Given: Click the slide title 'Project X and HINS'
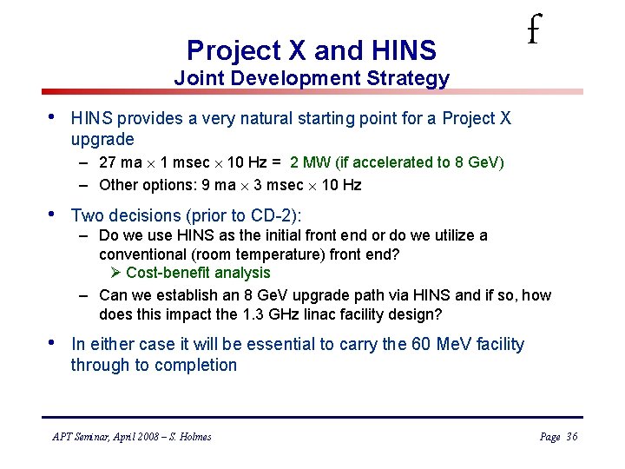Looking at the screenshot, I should click(x=312, y=50).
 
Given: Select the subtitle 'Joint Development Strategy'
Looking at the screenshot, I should click(x=312, y=78).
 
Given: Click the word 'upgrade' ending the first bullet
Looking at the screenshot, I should click(x=102, y=139).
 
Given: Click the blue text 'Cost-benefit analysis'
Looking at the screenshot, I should click(x=198, y=273).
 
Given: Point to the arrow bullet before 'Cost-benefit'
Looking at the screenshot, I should click(x=116, y=273).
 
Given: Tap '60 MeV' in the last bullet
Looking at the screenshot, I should click(x=433, y=345).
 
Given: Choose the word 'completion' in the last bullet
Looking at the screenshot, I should click(x=194, y=365).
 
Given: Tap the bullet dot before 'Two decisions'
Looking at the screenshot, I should click(x=55, y=215).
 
